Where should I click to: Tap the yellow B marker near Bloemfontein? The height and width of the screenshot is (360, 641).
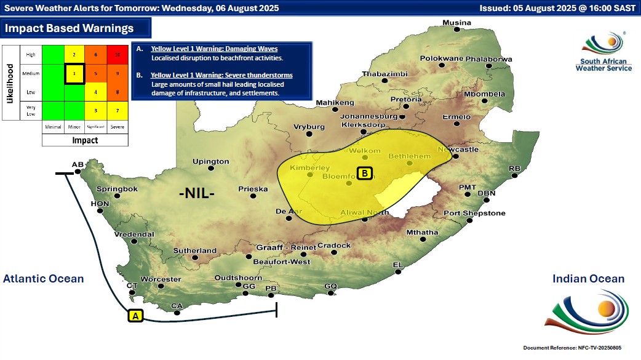click(x=365, y=174)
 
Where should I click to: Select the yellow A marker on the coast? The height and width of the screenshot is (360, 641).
click(x=135, y=316)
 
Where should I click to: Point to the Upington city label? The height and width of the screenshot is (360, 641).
click(x=210, y=162)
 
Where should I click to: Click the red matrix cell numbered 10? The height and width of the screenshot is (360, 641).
click(x=117, y=55)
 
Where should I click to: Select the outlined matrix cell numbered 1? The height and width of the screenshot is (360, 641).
click(x=74, y=74)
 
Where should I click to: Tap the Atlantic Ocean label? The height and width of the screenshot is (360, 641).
click(x=43, y=279)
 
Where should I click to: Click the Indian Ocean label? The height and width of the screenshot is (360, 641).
click(x=588, y=279)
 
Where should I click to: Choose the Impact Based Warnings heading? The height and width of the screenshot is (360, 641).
click(x=69, y=28)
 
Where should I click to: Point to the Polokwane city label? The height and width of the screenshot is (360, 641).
click(x=441, y=58)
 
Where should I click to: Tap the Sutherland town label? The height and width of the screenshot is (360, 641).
click(x=195, y=250)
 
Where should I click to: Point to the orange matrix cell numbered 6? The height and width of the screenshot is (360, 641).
click(x=96, y=55)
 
